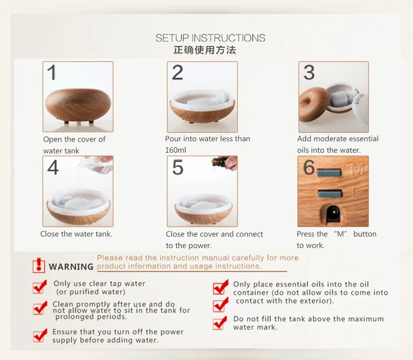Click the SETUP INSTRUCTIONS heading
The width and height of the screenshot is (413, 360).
[x=210, y=38]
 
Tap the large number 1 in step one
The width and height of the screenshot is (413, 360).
[x=52, y=73]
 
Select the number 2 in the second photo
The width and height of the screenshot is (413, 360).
[x=177, y=73]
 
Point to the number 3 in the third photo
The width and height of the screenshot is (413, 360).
[x=309, y=73]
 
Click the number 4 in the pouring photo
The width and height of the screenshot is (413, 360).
[x=53, y=167]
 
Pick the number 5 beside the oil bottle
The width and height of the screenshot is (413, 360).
[x=178, y=167]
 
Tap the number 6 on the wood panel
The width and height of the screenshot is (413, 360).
[x=309, y=167]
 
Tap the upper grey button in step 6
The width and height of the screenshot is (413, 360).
[x=329, y=173]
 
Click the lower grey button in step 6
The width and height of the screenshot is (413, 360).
[x=330, y=194]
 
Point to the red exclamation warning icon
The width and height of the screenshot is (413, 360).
[x=39, y=265]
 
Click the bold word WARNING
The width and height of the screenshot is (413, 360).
[x=71, y=267]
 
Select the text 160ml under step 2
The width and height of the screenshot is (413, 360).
[x=176, y=151]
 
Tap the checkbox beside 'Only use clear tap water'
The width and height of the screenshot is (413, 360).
[x=40, y=287]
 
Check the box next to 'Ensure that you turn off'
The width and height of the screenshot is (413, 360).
[x=40, y=335]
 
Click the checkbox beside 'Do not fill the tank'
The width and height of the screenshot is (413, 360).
[x=220, y=323]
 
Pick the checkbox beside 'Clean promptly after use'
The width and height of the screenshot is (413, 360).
[x=40, y=308]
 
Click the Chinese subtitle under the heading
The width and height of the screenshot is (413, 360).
[x=205, y=50]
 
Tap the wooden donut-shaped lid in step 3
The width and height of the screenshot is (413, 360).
[x=313, y=104]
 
